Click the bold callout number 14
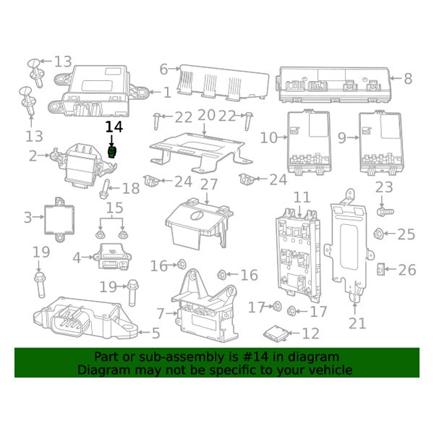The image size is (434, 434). (114, 126)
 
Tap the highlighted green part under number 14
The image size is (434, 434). (113, 152)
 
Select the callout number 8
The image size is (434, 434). (407, 79)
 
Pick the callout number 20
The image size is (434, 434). (206, 115)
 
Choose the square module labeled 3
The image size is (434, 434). (59, 216)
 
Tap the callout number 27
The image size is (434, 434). (208, 184)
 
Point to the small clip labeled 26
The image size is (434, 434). (381, 270)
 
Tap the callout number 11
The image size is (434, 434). (302, 196)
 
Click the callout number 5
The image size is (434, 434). (155, 333)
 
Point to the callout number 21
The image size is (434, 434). (357, 322)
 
